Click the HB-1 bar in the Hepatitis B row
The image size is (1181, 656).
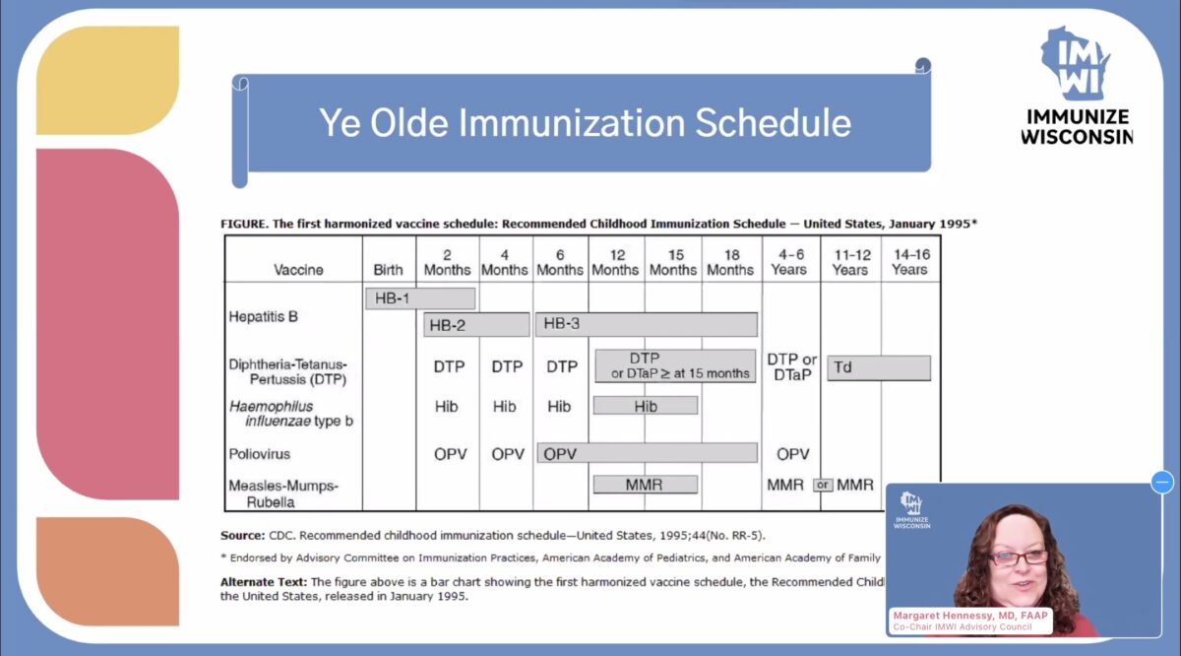420,297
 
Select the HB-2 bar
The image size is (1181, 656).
476,324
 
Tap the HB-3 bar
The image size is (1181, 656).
647,324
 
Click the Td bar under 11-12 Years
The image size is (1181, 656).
879,367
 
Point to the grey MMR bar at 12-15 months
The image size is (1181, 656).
646,485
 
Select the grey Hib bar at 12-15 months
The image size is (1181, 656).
646,405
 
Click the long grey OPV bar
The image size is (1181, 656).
647,453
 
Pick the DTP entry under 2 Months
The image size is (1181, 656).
449,366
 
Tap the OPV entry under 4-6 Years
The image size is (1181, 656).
792,454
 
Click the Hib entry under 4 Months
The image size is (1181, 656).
505,405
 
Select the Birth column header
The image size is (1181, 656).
389,270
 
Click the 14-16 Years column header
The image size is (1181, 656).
909,262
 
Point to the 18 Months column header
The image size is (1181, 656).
730,262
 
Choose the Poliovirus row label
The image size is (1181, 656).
259,454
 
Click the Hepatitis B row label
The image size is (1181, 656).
263,317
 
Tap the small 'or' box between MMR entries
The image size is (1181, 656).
823,485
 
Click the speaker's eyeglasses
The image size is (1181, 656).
1018,558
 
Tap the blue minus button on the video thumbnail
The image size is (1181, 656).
1162,482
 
